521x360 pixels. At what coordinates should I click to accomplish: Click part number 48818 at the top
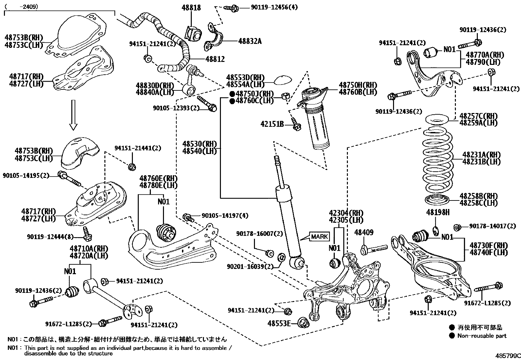(191, 8)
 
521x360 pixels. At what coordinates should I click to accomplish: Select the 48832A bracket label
(250, 41)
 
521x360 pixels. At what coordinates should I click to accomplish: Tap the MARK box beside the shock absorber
(319, 237)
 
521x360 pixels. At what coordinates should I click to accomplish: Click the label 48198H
(438, 213)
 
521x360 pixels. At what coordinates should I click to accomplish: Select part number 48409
(364, 233)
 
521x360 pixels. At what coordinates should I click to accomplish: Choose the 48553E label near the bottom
(279, 324)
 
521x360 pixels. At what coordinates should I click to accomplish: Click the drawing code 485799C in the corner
(507, 355)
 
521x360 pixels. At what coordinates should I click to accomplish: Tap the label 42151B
(272, 124)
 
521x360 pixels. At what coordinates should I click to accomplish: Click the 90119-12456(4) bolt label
(274, 7)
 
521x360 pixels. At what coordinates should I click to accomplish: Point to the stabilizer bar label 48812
(215, 59)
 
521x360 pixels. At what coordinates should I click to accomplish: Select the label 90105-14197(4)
(225, 216)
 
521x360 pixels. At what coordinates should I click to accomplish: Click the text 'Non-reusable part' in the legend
(482, 335)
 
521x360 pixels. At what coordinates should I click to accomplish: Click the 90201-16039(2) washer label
(250, 266)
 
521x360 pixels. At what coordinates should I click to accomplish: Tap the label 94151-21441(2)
(138, 148)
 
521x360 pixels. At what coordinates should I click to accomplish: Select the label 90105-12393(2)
(176, 107)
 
